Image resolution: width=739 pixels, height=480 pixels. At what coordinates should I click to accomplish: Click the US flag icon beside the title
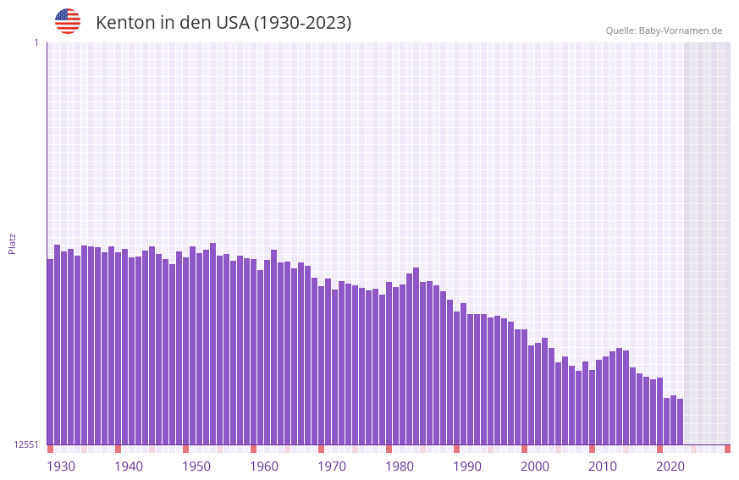click(x=68, y=21)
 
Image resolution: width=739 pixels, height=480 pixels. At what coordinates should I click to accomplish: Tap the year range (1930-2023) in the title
click(x=302, y=23)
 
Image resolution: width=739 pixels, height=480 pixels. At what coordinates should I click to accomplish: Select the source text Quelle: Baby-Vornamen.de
click(x=664, y=30)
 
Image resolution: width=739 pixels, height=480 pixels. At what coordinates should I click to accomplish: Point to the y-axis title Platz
click(x=12, y=243)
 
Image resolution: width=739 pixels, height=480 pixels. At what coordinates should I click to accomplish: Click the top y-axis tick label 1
click(x=36, y=42)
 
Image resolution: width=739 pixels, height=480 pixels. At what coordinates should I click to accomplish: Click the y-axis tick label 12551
click(x=26, y=444)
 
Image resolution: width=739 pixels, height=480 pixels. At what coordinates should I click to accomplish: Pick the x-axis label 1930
click(x=61, y=466)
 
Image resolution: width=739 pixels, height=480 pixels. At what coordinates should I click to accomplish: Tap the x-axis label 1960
click(x=264, y=466)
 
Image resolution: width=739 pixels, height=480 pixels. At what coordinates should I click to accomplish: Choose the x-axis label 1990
click(x=467, y=466)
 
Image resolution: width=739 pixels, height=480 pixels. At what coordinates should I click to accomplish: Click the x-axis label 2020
click(x=670, y=466)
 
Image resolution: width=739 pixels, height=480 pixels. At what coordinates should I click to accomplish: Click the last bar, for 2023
click(x=680, y=422)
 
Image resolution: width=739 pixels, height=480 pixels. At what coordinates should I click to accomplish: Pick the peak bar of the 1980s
click(x=416, y=356)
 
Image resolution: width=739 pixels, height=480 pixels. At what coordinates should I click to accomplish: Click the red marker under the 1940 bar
click(x=118, y=449)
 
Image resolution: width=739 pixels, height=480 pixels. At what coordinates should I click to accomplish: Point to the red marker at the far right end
click(x=727, y=449)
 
